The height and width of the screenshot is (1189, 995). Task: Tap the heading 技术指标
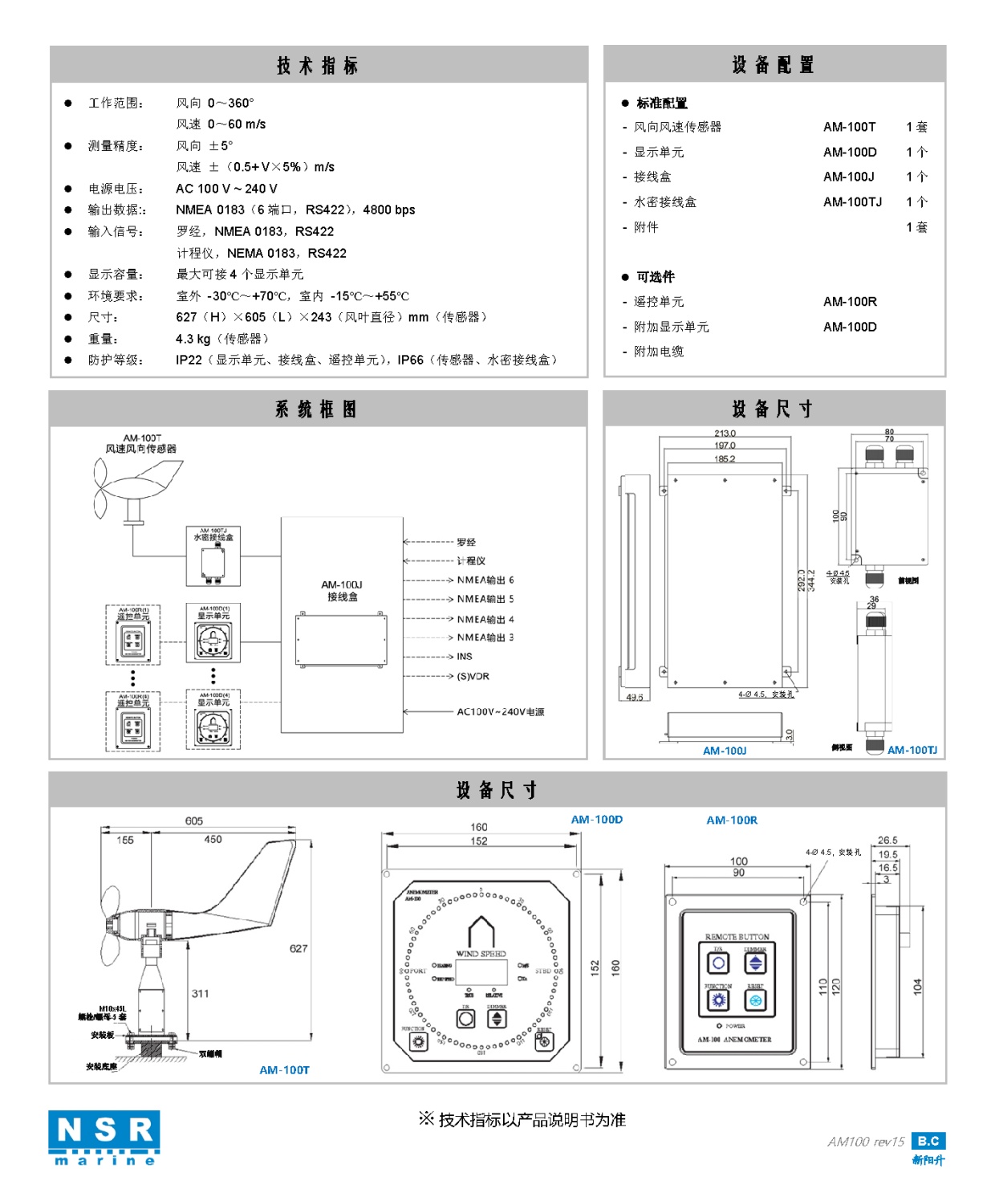click(318, 66)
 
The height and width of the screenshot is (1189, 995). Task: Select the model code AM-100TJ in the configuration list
click(852, 202)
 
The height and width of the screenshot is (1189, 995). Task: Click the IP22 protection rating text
click(189, 360)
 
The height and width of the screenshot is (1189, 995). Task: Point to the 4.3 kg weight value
click(193, 339)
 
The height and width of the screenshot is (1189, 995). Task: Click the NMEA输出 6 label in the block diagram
click(485, 580)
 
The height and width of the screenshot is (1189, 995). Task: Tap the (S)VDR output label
click(473, 676)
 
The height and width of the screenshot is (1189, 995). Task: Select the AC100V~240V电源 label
click(500, 712)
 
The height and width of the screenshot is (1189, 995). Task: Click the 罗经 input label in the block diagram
click(465, 542)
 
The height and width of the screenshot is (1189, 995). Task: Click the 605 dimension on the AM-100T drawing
click(194, 820)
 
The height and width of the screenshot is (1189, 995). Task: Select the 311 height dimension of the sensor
click(200, 994)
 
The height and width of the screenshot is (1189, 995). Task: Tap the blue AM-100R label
click(732, 820)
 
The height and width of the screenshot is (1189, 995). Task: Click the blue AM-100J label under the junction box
click(725, 751)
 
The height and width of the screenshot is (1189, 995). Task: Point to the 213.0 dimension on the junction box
click(725, 434)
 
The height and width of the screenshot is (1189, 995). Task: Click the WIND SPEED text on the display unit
click(481, 954)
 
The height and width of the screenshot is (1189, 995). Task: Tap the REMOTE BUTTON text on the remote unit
click(737, 937)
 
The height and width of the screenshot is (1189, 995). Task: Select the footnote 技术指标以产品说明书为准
click(522, 1120)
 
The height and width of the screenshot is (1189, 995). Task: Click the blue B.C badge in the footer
click(928, 1141)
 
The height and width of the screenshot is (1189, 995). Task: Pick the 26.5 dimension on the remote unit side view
click(887, 841)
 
